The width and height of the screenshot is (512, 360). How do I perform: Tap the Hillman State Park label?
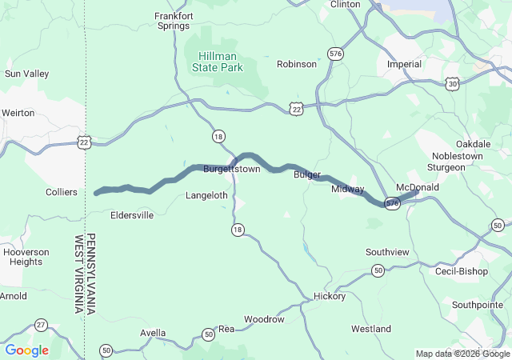[x=218, y=62]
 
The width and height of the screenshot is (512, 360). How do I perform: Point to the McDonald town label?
[x=418, y=187]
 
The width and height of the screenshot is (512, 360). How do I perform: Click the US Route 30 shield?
[x=453, y=83]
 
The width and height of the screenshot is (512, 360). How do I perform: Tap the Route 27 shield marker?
[x=41, y=324]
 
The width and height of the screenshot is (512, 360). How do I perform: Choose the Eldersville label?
[x=132, y=215]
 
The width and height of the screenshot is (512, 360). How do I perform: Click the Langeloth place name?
[x=206, y=195]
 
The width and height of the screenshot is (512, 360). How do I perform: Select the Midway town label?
[x=348, y=190]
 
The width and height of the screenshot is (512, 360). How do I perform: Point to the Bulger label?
[x=307, y=174]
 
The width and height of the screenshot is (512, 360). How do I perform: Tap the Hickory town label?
[x=330, y=296]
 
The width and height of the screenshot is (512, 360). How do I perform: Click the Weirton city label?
[x=18, y=113]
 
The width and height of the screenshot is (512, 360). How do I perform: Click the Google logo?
[x=27, y=350]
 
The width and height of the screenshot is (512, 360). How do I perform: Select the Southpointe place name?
[x=477, y=305]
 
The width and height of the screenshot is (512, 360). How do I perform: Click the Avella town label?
[x=152, y=333]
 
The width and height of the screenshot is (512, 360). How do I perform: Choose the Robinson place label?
[x=297, y=64]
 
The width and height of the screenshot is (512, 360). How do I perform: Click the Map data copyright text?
[x=462, y=354]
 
